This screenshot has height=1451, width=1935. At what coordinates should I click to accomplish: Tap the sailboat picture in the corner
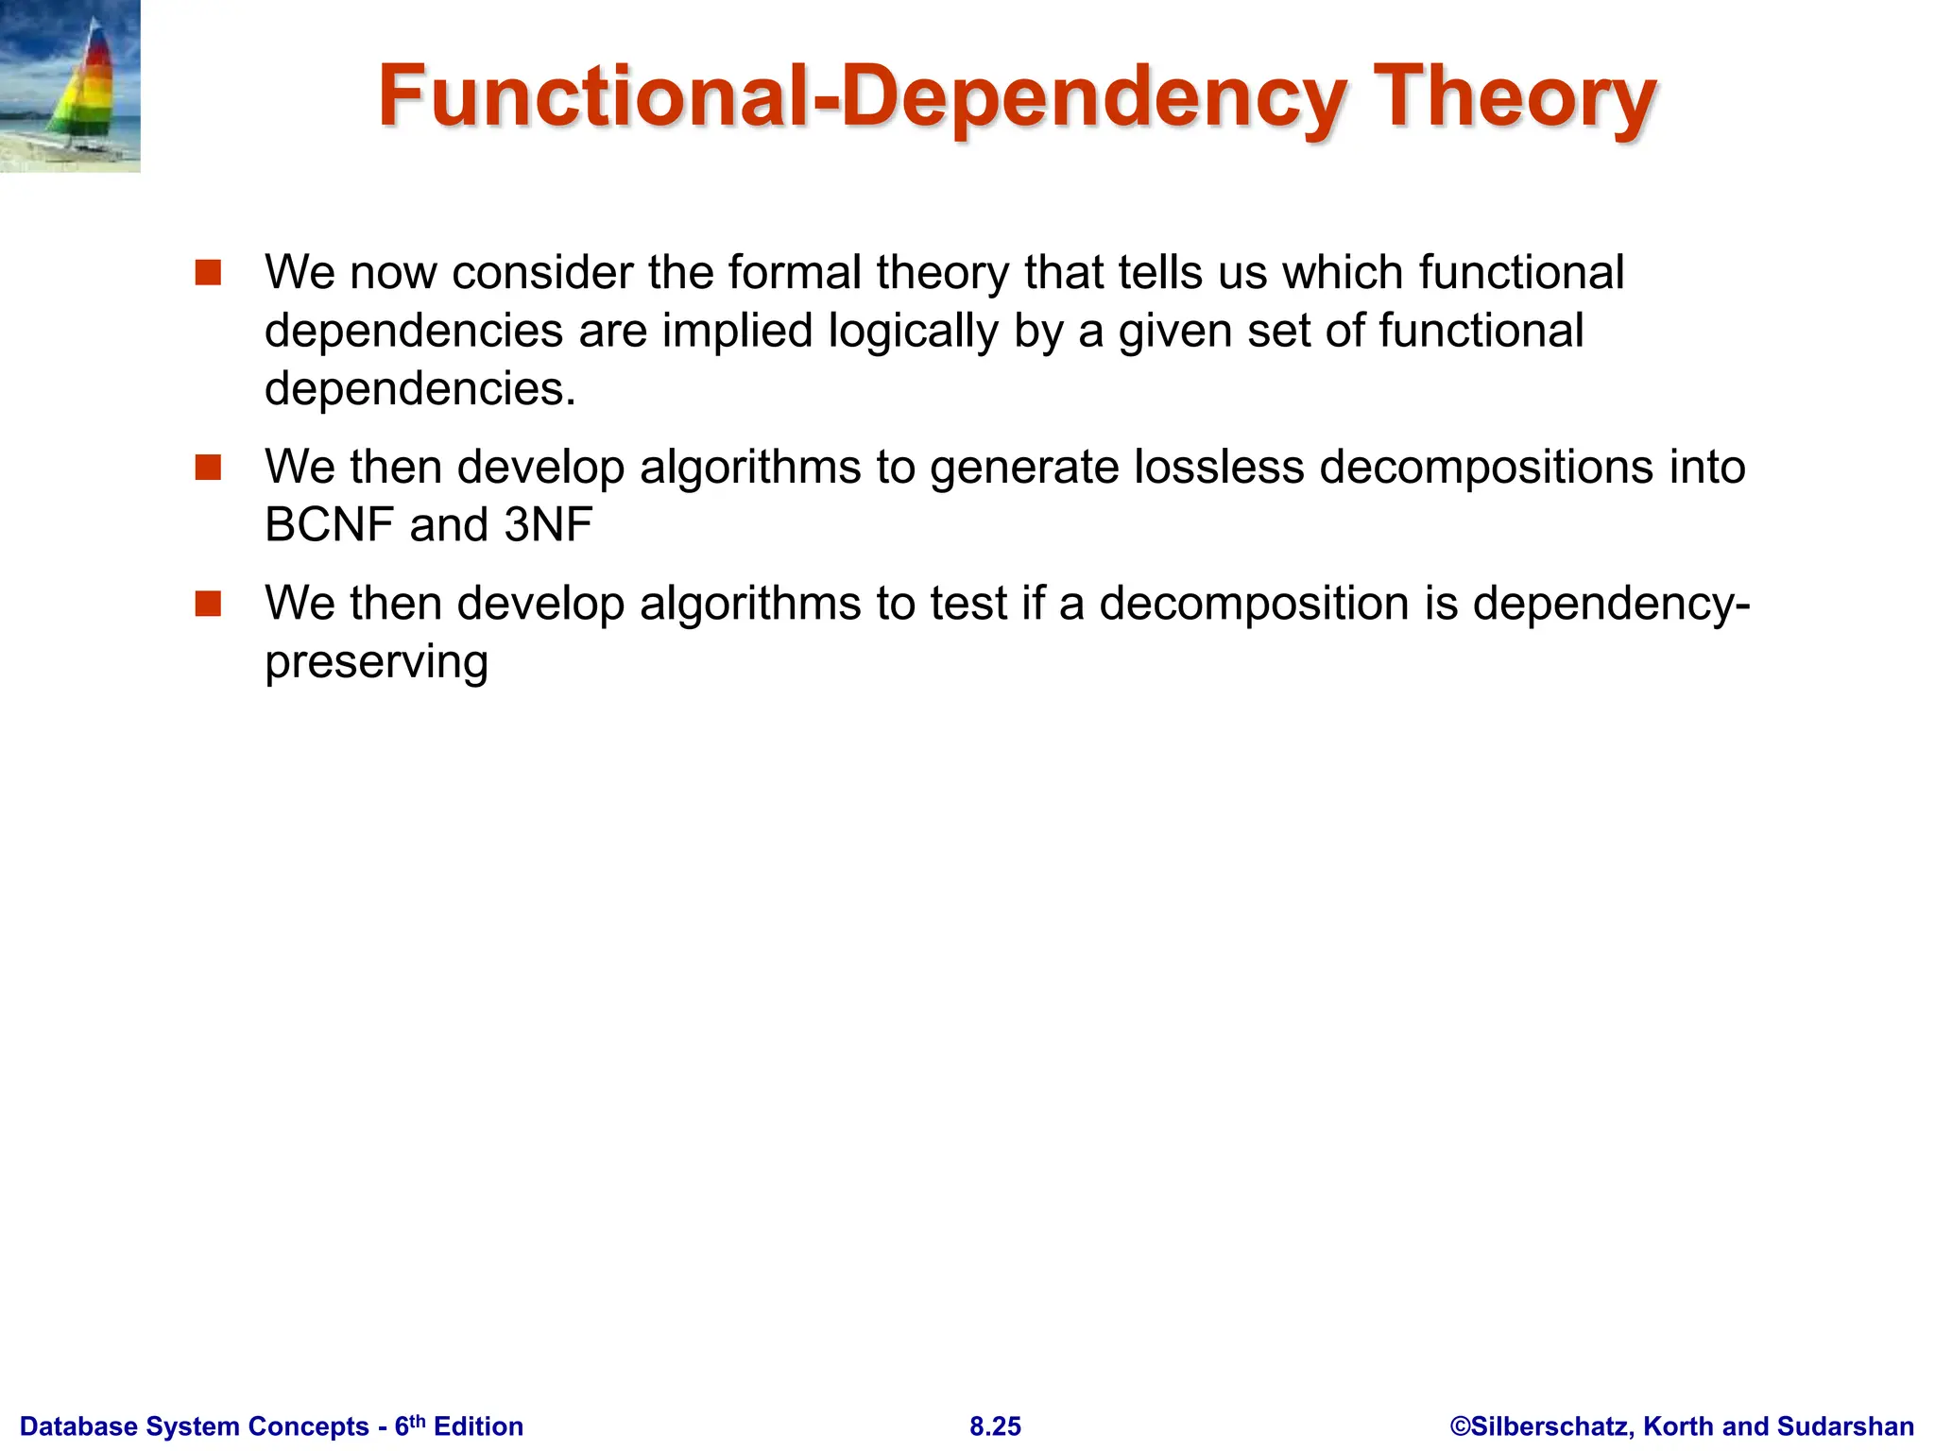(x=70, y=86)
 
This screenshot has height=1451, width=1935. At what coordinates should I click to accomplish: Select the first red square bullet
(x=208, y=273)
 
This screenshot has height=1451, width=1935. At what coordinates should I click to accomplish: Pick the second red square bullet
(x=208, y=468)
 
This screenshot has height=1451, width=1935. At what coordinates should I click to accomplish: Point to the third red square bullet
(x=208, y=604)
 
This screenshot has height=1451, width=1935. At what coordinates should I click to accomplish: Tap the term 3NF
(x=548, y=525)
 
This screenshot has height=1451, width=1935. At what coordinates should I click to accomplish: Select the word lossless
(x=1219, y=467)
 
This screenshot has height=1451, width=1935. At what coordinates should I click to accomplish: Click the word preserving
(x=376, y=663)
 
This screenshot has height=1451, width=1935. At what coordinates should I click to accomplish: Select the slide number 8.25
(x=995, y=1426)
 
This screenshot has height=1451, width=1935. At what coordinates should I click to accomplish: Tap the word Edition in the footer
(x=478, y=1426)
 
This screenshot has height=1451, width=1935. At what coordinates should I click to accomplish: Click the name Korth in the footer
(x=1676, y=1426)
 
